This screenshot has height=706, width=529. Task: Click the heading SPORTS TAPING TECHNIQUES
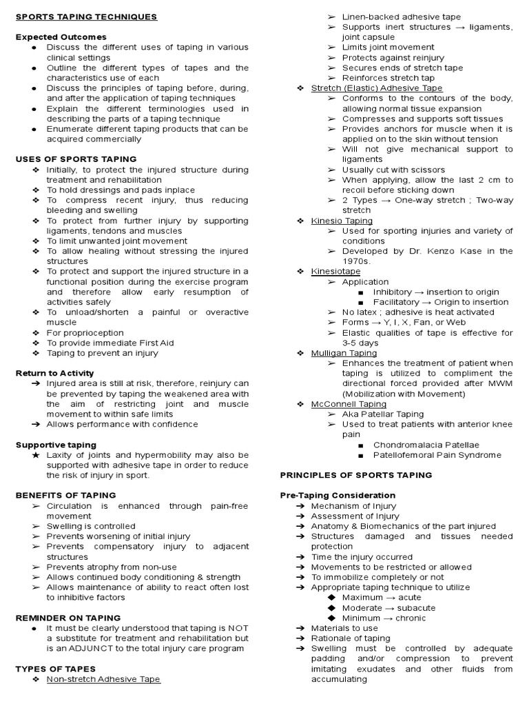(x=87, y=17)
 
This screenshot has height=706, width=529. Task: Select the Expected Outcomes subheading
(x=61, y=37)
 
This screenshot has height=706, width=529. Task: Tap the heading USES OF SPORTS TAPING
(x=76, y=159)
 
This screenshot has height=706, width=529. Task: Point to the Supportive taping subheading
(x=56, y=445)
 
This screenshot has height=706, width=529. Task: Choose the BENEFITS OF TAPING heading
(x=66, y=495)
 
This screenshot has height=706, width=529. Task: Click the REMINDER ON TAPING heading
(x=68, y=618)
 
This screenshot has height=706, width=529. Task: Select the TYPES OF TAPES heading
(x=56, y=669)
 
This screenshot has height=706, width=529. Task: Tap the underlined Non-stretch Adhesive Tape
(x=103, y=679)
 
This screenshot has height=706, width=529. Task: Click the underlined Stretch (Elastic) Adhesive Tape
(x=377, y=88)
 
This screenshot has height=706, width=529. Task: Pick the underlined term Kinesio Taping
(x=342, y=221)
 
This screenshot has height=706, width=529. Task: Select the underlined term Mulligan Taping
(x=344, y=353)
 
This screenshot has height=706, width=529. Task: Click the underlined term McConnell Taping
(x=349, y=404)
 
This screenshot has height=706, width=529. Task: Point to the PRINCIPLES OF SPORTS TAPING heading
(x=356, y=475)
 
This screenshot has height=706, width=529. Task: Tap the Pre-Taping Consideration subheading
(x=338, y=495)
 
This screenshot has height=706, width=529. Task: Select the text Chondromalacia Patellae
(x=426, y=445)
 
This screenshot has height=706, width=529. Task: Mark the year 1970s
(x=357, y=261)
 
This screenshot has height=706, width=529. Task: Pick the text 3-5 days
(x=360, y=343)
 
